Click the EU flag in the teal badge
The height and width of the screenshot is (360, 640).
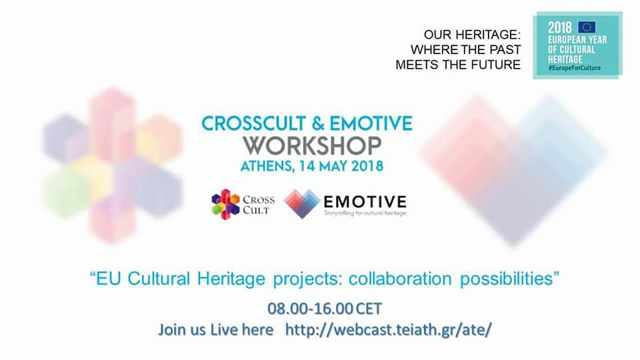coord(587,27)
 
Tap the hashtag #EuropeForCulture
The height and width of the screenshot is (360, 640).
coord(574,68)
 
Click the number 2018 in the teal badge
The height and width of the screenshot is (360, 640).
coord(559,28)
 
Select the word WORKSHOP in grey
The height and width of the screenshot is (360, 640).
coord(312,146)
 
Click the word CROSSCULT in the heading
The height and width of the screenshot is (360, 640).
coord(253,124)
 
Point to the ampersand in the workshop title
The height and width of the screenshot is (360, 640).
coord(317,124)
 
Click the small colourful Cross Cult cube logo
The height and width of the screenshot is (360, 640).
coord(225,204)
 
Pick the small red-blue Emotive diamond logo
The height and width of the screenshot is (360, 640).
coord(302,203)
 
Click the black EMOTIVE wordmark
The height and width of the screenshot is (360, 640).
coord(365,201)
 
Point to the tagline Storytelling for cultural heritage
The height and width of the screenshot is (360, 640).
coord(365,213)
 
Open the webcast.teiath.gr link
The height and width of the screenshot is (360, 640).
coord(388,329)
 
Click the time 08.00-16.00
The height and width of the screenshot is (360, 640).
coord(310,309)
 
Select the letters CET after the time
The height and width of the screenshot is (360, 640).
coord(369,309)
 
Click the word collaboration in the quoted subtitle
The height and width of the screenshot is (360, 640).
coord(400,279)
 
